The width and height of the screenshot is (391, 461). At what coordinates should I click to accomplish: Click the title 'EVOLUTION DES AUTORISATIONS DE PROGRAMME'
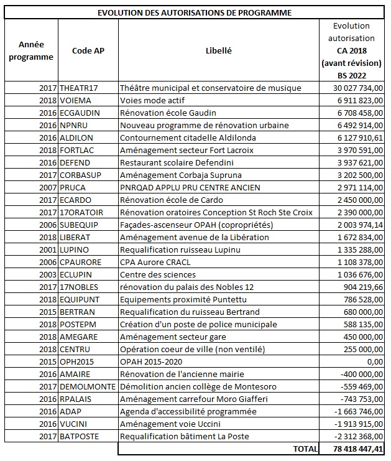(195, 12)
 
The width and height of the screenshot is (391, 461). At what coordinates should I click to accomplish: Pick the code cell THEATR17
(80, 88)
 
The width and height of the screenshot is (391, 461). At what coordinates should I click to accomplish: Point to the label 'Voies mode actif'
(152, 100)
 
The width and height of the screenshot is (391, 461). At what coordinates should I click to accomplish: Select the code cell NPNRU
(75, 125)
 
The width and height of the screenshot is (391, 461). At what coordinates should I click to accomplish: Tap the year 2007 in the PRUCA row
(47, 187)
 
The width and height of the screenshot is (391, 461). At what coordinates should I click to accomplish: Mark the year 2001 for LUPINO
(47, 249)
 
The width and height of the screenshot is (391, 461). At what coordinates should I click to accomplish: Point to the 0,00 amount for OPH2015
(372, 361)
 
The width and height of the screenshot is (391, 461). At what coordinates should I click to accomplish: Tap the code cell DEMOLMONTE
(88, 386)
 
